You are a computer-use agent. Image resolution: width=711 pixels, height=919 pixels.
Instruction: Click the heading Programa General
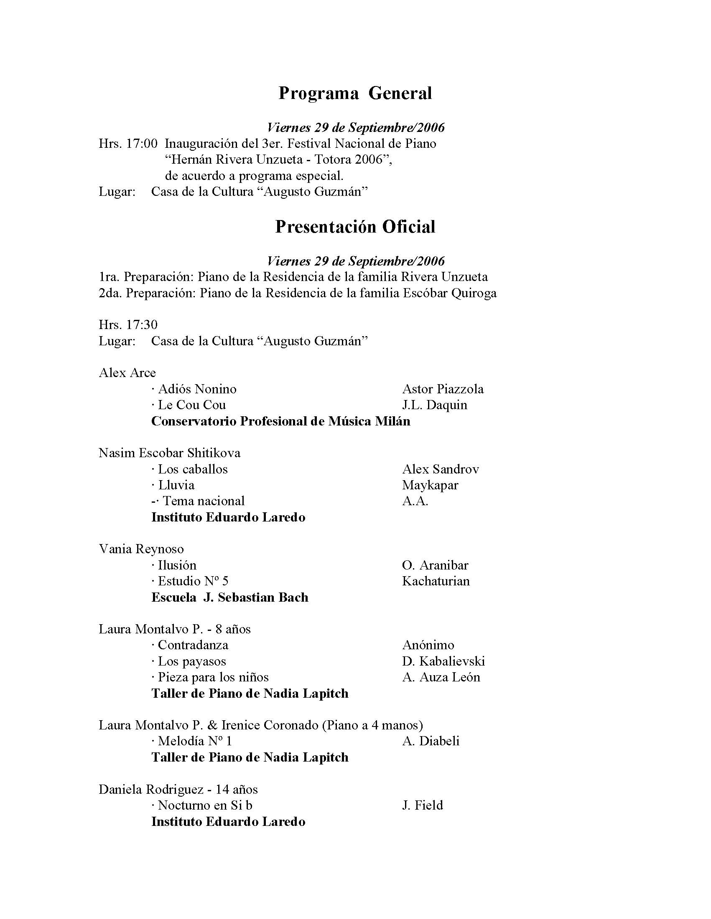point(355,93)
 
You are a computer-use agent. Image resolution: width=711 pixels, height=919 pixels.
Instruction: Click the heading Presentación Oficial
point(355,227)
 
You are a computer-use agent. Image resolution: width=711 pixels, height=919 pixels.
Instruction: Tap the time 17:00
point(142,144)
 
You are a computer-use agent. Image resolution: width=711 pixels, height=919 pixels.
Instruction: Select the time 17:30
point(142,324)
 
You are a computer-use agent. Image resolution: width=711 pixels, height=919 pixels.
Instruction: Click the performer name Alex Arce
point(127,373)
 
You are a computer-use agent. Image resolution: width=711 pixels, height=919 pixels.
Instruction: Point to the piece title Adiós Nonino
point(197,389)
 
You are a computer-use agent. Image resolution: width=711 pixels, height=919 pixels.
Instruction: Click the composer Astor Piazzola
point(443,389)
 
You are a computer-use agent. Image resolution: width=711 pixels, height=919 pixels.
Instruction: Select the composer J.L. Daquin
point(435,405)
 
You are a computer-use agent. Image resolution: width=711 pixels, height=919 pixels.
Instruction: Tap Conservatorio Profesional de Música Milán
point(280,421)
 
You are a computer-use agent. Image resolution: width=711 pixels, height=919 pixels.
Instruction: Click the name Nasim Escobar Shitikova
point(170,453)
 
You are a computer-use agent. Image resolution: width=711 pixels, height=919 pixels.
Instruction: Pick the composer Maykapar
point(430,485)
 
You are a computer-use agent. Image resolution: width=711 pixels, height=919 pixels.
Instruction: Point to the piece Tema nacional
point(204,501)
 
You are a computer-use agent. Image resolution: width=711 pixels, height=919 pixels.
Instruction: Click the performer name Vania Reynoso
point(141,549)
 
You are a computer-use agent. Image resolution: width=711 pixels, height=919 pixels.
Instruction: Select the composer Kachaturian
point(436,581)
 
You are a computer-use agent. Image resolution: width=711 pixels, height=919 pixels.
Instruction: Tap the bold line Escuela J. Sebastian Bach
point(229,597)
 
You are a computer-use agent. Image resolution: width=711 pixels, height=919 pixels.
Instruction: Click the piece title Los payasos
point(192,661)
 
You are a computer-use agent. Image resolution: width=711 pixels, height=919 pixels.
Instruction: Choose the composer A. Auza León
point(441,678)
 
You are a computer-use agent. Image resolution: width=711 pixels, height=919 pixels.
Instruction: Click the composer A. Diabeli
point(431,742)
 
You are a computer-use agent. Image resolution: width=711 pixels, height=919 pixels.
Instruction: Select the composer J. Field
point(423,805)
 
